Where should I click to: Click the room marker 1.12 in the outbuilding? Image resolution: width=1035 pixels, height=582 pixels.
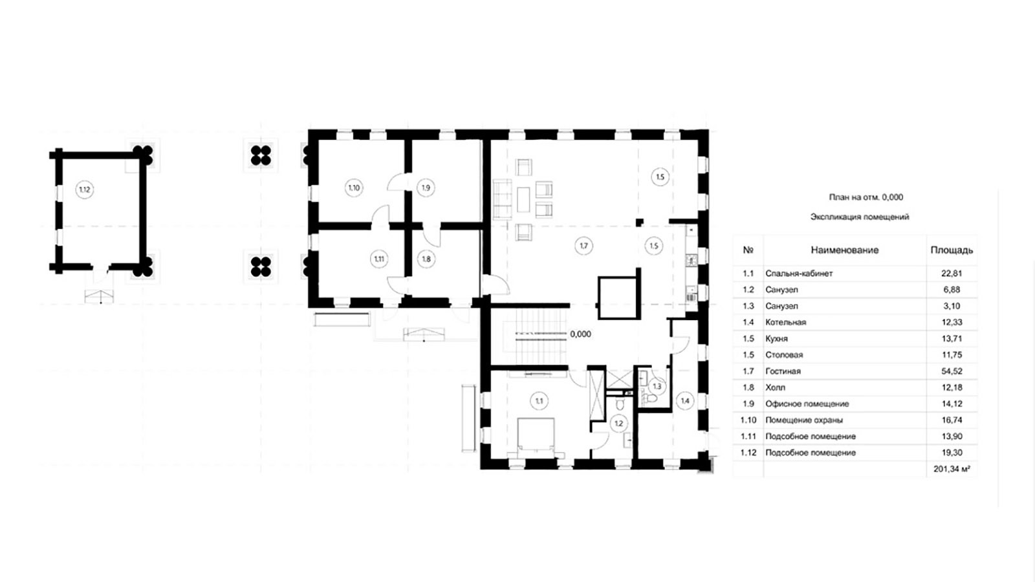click(85, 189)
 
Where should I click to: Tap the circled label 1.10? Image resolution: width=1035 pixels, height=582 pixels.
click(354, 188)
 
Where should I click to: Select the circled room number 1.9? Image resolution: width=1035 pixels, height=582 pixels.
click(426, 188)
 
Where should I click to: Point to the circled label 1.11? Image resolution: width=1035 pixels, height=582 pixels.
click(379, 259)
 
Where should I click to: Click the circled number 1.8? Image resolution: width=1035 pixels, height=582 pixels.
click(426, 259)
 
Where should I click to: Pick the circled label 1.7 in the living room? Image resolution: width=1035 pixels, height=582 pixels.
click(584, 246)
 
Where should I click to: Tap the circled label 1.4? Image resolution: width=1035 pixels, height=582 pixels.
click(685, 401)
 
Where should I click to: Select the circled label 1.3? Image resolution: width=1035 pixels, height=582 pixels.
click(657, 386)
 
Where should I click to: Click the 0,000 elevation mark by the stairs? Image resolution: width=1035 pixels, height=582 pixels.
click(580, 334)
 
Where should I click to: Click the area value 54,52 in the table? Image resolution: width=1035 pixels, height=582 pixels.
click(952, 371)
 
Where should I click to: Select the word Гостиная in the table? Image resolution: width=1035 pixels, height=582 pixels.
click(783, 371)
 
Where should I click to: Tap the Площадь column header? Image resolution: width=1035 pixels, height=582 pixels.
click(952, 250)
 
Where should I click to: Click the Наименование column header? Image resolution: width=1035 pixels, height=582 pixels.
click(845, 250)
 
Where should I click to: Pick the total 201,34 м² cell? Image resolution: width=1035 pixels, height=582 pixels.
click(952, 469)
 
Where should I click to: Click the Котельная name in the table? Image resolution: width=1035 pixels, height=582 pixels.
click(785, 322)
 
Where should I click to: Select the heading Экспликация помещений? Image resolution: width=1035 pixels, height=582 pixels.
click(860, 217)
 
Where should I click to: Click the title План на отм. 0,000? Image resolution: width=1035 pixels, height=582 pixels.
click(866, 197)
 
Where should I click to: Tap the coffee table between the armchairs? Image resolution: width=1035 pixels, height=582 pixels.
click(523, 200)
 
